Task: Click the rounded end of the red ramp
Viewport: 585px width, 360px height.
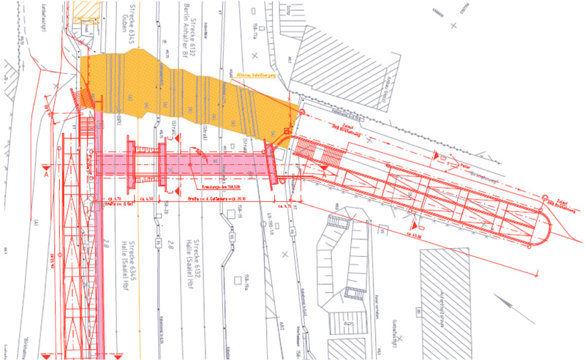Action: tap(549, 232)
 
